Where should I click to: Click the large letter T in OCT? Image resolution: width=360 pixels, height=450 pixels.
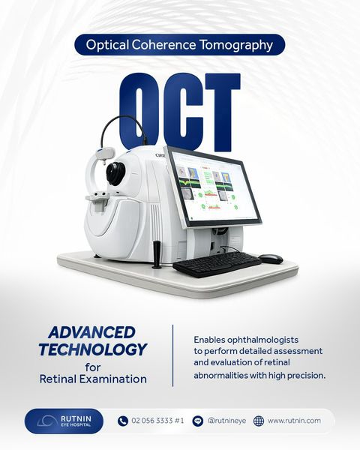223,112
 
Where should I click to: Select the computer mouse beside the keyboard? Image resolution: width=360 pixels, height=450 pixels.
271,258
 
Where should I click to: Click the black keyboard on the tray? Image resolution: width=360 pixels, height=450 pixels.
217,264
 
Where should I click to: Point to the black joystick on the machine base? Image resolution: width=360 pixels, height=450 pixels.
157,254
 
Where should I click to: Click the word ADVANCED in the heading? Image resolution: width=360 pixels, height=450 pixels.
91,332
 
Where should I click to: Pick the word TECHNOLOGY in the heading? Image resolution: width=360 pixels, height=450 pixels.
93,349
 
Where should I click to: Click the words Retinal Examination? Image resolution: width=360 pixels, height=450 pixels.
93,379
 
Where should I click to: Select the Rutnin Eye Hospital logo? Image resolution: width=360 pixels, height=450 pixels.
64,421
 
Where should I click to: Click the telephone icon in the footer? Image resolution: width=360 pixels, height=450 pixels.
123,421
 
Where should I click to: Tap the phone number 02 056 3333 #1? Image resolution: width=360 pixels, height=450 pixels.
157,421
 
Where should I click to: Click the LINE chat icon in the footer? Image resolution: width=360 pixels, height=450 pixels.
197,421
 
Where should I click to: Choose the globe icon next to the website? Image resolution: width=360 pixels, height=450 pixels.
259,421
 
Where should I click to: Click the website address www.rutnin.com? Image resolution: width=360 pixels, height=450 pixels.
294,421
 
